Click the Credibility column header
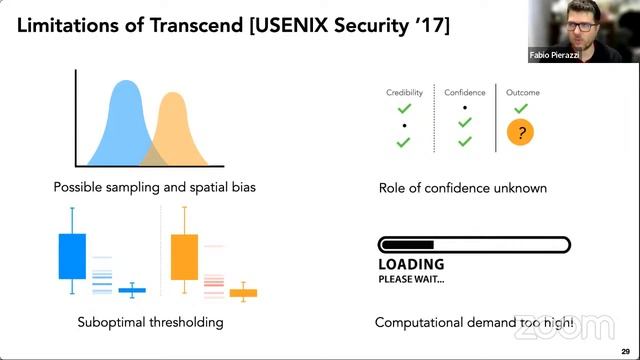[404, 93]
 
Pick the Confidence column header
[464, 93]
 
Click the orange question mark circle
[520, 133]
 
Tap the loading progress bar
[473, 245]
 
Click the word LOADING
[411, 265]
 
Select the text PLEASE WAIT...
[411, 279]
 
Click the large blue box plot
[72, 255]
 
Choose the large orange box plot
[184, 256]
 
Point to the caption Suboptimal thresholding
[150, 322]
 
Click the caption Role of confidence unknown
[462, 187]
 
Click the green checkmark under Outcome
[520, 108]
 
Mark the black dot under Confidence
[464, 107]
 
